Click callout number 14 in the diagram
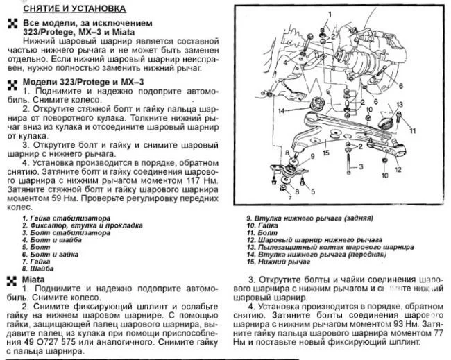(x=281, y=110)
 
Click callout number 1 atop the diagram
(x=326, y=12)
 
